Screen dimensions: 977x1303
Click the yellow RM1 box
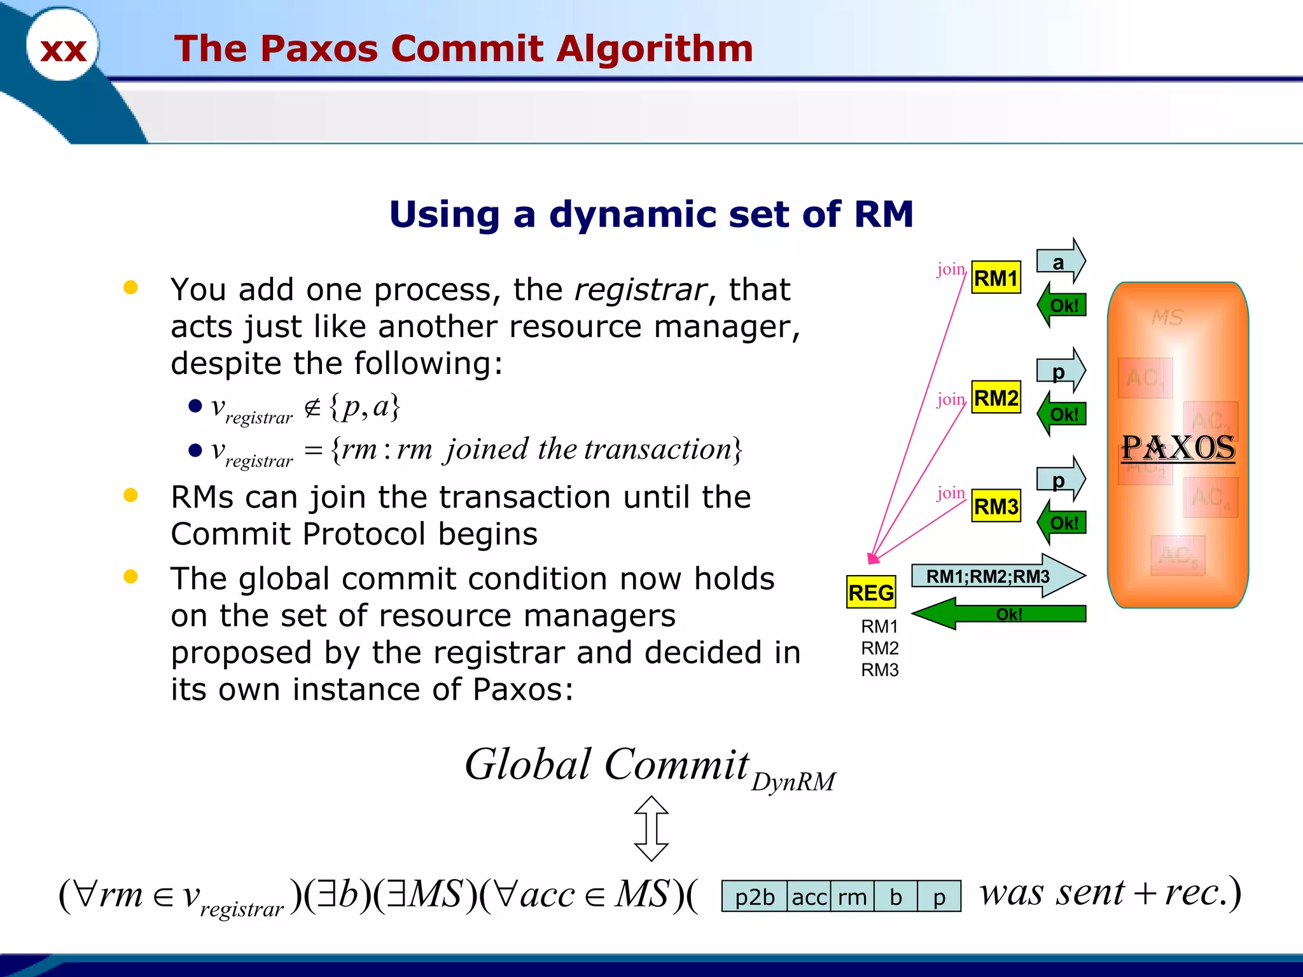tap(996, 278)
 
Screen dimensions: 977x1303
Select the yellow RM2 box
tap(996, 398)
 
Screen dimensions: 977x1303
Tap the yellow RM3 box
tap(996, 506)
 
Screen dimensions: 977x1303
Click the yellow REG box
tap(871, 592)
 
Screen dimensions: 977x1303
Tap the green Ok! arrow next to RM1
tap(1062, 305)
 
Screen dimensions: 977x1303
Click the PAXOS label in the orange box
tap(1178, 448)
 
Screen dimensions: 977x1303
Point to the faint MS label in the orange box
tap(1167, 317)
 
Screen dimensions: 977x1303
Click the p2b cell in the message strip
tap(755, 897)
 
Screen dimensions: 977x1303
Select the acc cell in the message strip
tap(809, 897)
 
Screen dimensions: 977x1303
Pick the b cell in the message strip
tap(896, 897)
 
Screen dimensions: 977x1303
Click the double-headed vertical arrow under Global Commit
tap(651, 828)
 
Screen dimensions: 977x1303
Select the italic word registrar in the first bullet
tap(641, 290)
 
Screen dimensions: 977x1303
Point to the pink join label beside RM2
tap(951, 399)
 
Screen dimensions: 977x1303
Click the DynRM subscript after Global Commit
tap(793, 782)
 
